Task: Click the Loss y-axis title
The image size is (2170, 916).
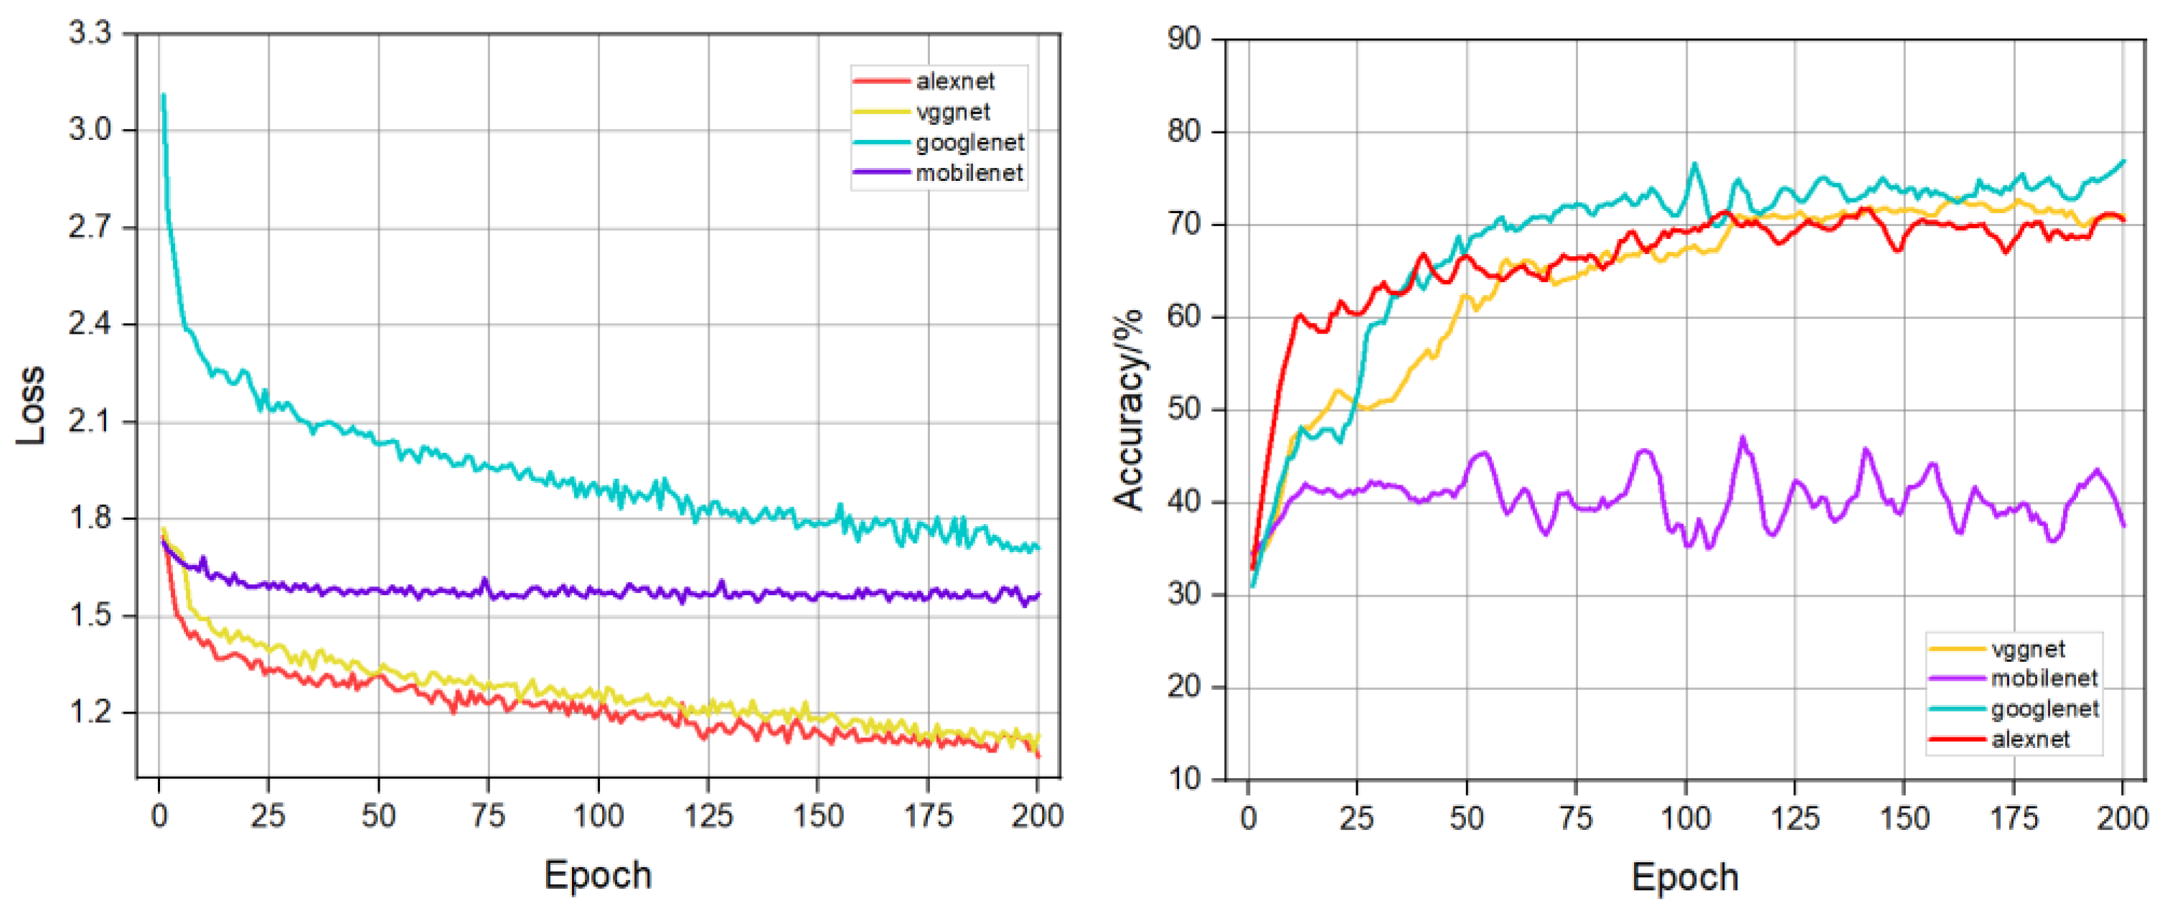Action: (x=30, y=406)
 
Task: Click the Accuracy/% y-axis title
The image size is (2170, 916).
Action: (x=1129, y=411)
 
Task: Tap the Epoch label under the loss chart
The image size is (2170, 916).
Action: (x=597, y=874)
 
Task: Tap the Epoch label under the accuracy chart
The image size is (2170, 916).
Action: (x=1684, y=877)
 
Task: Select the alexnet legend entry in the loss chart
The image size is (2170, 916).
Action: (x=954, y=82)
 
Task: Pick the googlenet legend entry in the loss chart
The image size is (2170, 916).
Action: (x=969, y=142)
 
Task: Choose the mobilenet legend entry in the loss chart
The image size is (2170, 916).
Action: (x=969, y=174)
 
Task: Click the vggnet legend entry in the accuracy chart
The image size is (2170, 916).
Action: (x=2026, y=650)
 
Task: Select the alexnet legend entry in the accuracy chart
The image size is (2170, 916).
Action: (x=2029, y=740)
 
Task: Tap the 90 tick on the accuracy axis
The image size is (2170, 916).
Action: (x=1183, y=39)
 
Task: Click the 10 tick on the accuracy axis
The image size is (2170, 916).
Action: (x=1183, y=779)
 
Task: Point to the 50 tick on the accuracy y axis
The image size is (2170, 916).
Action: (x=1183, y=410)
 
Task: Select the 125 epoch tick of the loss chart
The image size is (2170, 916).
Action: (x=708, y=815)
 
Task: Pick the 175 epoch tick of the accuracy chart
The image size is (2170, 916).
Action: (x=2014, y=818)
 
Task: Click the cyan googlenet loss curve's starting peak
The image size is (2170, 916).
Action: (x=164, y=95)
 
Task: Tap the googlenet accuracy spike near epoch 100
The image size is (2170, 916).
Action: (x=1694, y=164)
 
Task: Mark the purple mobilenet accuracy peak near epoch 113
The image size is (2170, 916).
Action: (x=1743, y=437)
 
